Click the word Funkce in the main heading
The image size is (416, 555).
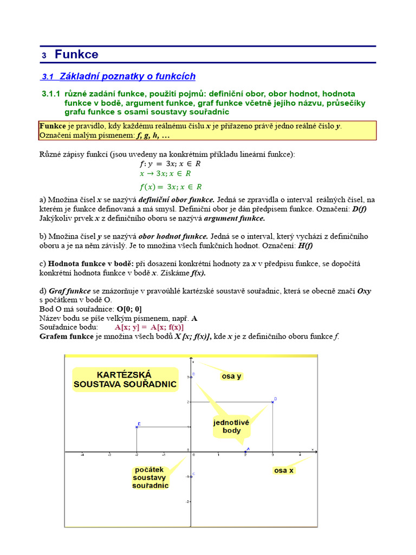(x=76, y=55)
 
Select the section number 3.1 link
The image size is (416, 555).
(x=48, y=78)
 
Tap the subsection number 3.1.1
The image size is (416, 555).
(x=51, y=94)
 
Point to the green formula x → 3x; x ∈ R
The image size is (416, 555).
(x=165, y=174)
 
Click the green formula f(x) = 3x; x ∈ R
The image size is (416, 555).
(x=167, y=187)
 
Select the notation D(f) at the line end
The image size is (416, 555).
(x=359, y=210)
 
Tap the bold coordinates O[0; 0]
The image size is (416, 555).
(x=129, y=309)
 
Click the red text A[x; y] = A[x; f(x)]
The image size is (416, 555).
(x=149, y=327)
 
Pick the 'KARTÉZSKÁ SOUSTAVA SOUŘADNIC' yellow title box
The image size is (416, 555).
(x=125, y=379)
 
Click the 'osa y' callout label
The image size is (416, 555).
(x=231, y=376)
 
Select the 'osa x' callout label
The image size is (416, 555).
(x=283, y=470)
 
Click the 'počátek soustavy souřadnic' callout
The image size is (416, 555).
(x=151, y=477)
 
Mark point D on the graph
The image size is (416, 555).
(x=272, y=402)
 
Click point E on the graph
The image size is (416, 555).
(x=136, y=427)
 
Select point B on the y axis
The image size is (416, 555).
(x=191, y=376)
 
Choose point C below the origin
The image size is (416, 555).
(x=191, y=476)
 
